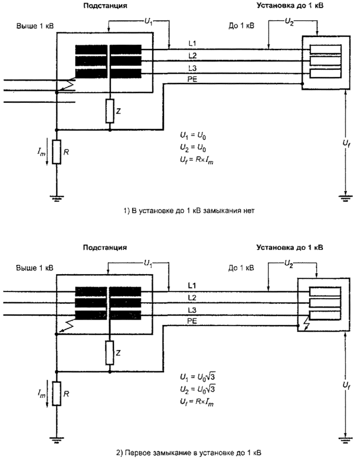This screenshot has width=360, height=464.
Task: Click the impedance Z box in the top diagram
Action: tap(110, 110)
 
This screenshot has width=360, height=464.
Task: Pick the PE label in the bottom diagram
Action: tap(192, 321)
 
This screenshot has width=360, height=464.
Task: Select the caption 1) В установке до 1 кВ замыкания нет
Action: tap(179, 211)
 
